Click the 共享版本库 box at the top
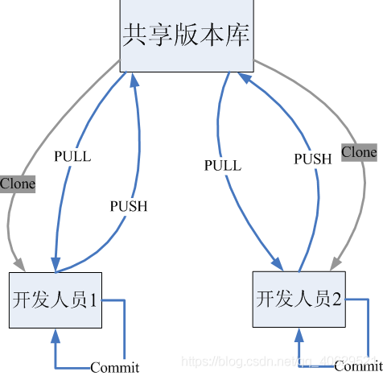[x=187, y=35]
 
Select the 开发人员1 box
[x=56, y=300]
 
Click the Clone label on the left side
[x=17, y=184]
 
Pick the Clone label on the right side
[x=359, y=151]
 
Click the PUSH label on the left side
[x=129, y=206]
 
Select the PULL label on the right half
[x=223, y=165]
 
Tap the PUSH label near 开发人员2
[x=312, y=159]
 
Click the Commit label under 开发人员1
[x=114, y=368]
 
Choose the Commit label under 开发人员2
[x=358, y=366]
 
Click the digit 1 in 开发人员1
[x=93, y=301]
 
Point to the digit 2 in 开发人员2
[x=336, y=299]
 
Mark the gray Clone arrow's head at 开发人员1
[x=19, y=267]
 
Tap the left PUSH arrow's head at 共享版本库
[x=134, y=76]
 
